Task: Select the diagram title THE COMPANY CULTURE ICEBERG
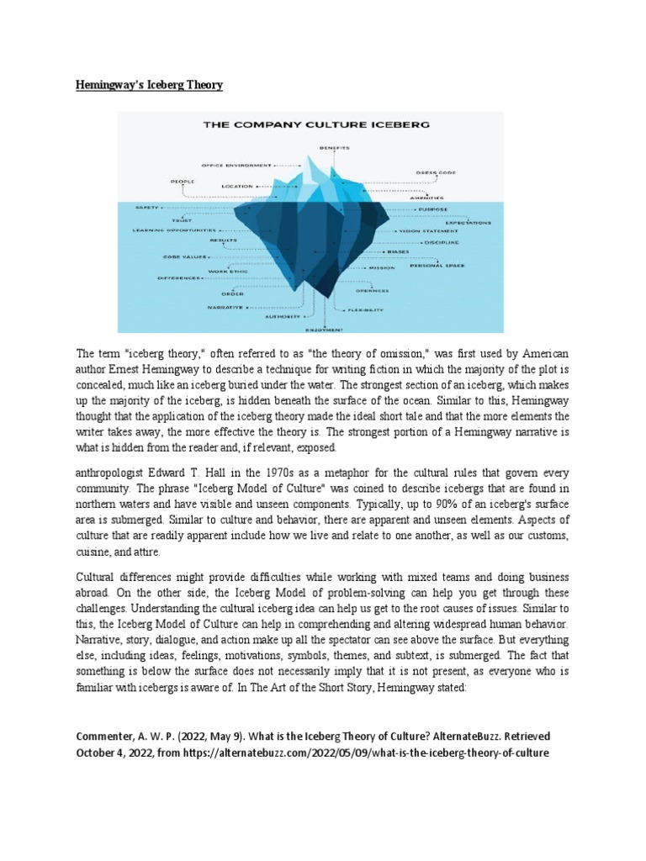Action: click(x=316, y=124)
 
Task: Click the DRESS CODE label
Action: click(x=437, y=172)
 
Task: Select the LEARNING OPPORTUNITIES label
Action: click(x=169, y=230)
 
